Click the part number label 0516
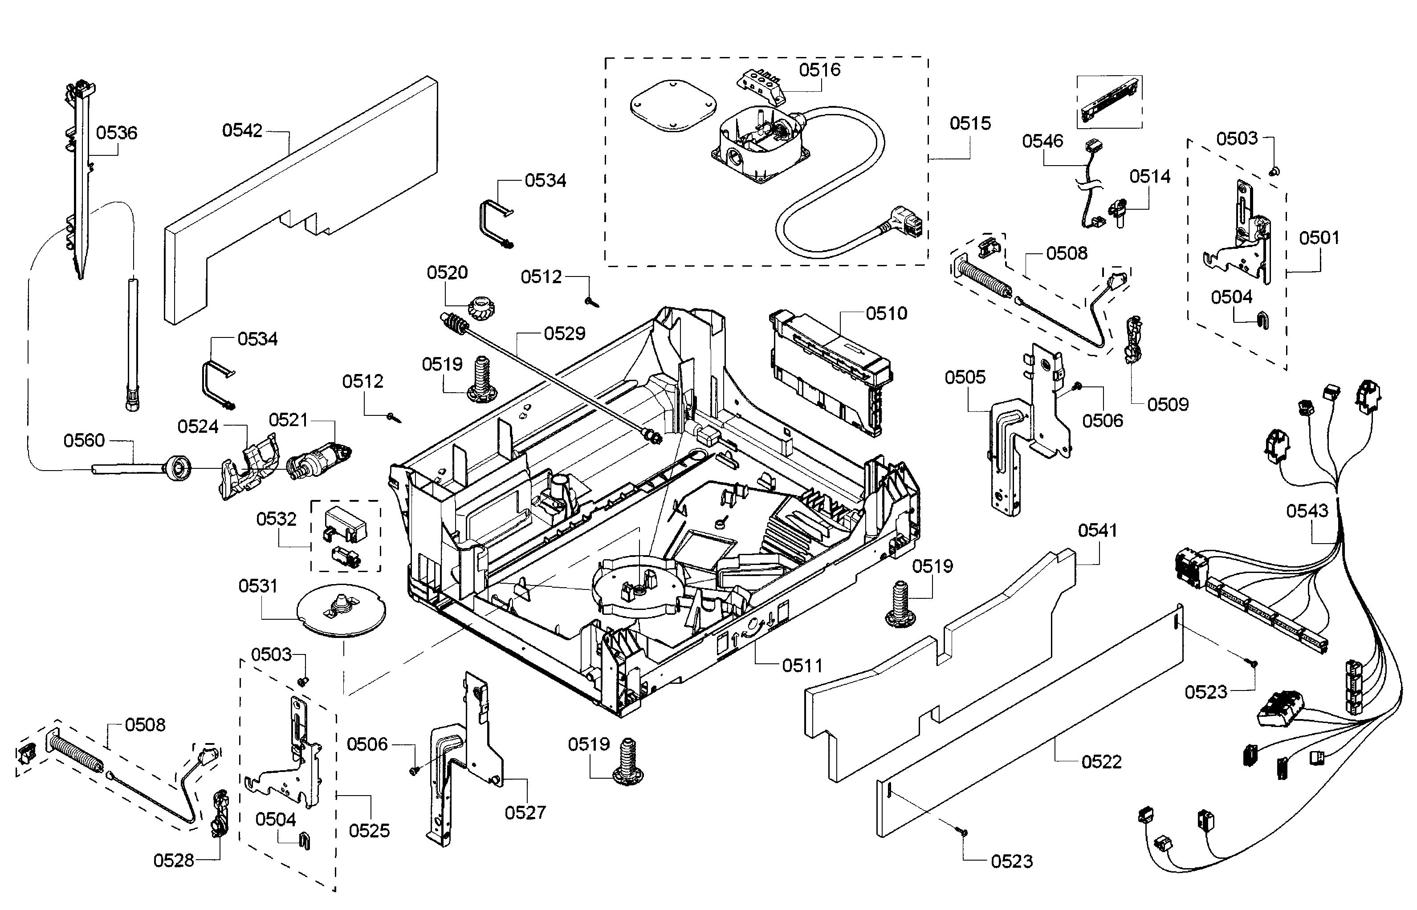819,70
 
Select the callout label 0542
242,130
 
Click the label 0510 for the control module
886,313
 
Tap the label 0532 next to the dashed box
276,519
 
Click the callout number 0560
84,440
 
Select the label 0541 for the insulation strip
1097,531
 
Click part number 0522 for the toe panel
1101,762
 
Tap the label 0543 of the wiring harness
1307,511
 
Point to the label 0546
1042,141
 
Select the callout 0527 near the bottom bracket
525,812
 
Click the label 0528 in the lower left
174,861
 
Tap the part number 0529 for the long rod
564,334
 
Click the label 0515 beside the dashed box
970,123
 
